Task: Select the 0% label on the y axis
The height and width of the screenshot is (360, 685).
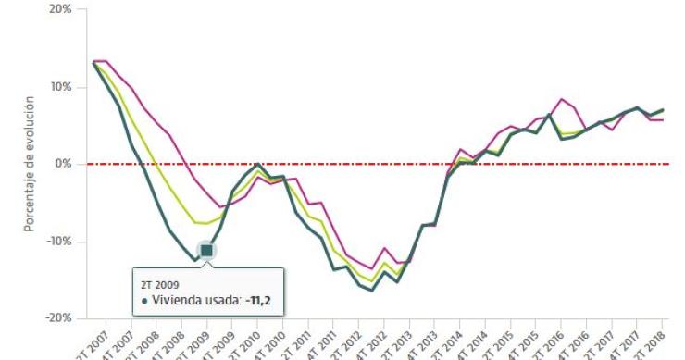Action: (x=64, y=164)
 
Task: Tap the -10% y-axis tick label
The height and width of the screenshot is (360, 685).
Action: (x=58, y=241)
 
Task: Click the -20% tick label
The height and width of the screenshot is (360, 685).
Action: (x=58, y=317)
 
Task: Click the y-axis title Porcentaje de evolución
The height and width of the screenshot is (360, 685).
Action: (x=30, y=164)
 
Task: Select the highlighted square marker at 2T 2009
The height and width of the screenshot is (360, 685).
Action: (x=206, y=251)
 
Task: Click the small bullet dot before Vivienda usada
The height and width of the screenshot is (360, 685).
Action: (x=145, y=301)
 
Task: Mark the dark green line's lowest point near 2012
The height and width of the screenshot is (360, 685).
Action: (x=372, y=291)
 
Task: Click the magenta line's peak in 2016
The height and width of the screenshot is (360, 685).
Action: (x=562, y=99)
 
